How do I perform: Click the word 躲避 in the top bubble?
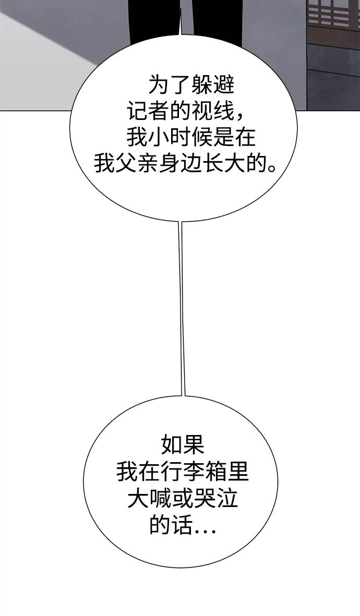213,85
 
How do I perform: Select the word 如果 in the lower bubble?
183,445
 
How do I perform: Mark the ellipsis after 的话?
205,531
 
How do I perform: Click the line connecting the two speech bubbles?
182,309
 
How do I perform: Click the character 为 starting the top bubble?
159,85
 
